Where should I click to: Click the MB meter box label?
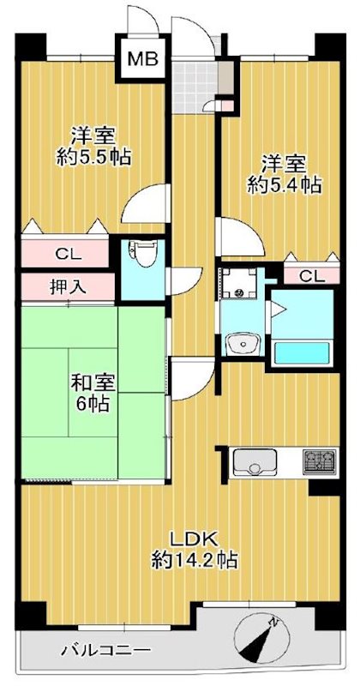[142, 58]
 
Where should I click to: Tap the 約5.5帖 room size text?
[94, 156]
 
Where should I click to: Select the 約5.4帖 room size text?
[284, 186]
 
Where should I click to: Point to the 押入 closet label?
[67, 287]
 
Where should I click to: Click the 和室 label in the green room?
[93, 383]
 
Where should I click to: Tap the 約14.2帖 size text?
[195, 560]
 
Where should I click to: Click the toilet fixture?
[140, 255]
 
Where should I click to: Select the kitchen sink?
[255, 462]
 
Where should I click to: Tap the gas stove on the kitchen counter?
[321, 461]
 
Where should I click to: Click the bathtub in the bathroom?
[302, 352]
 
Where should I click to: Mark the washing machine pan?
[238, 283]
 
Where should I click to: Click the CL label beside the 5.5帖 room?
[68, 254]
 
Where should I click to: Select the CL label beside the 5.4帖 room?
[312, 276]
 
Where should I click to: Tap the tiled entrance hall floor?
[195, 87]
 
